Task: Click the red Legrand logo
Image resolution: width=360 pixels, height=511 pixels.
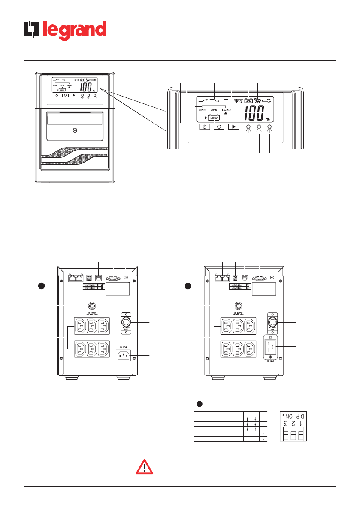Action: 65,31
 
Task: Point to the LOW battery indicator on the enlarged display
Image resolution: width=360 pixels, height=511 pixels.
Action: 214,118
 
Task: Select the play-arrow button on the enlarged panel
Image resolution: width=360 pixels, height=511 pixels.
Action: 233,127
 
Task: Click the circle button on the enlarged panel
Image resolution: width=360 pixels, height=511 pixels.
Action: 219,127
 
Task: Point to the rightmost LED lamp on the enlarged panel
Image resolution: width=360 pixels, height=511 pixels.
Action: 269,127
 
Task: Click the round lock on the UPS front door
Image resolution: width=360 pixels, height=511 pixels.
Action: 75,130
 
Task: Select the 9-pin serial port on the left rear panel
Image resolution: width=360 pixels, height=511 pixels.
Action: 113,278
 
